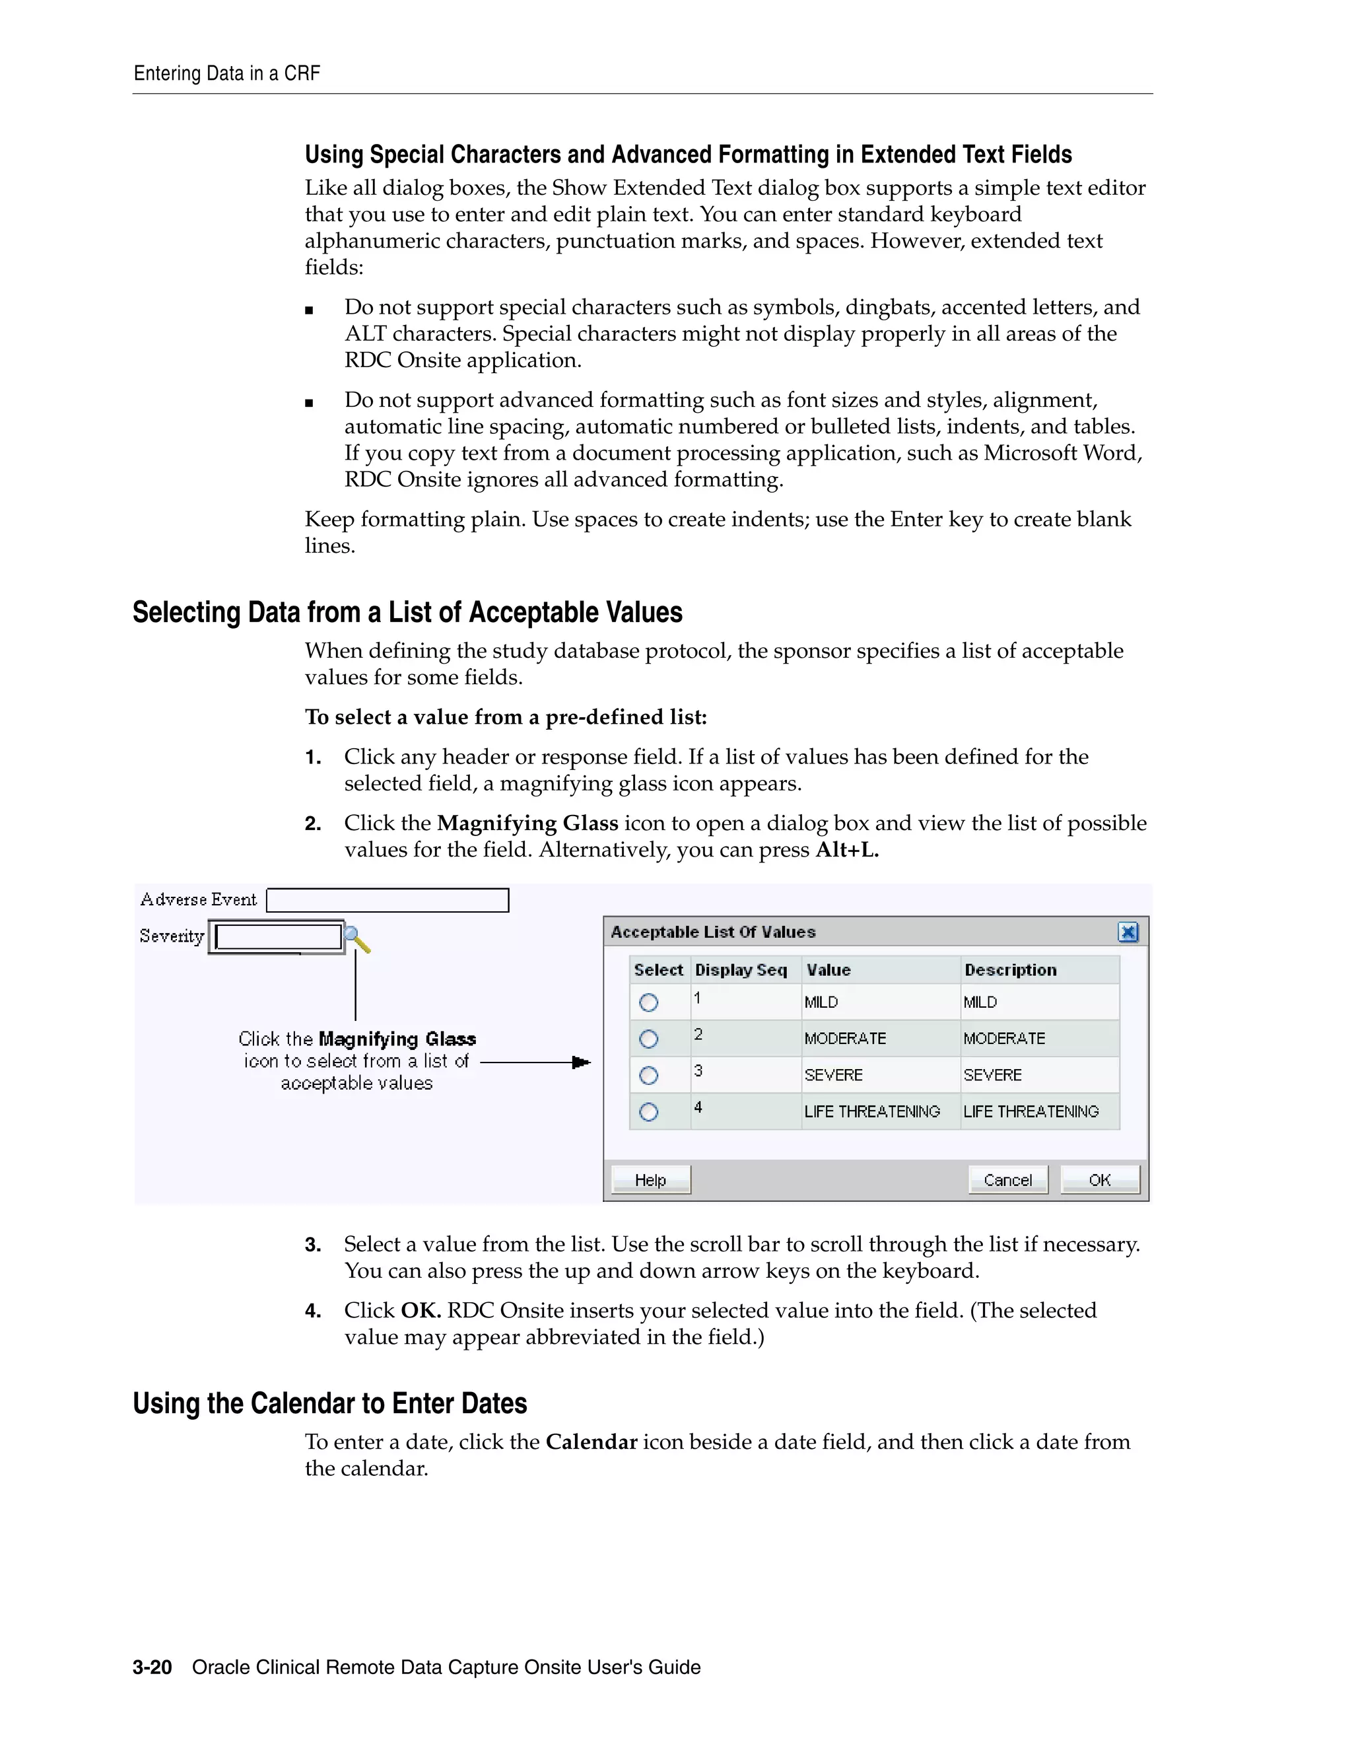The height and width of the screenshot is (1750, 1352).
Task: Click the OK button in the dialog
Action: coord(1099,1179)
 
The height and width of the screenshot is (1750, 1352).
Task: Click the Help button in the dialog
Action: coord(650,1179)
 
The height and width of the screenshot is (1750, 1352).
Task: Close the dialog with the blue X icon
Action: coord(1128,932)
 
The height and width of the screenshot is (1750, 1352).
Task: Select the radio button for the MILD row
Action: coord(649,1002)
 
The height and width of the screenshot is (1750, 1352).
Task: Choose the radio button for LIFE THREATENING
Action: coord(649,1111)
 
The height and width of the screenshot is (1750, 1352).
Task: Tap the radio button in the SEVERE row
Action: coord(649,1075)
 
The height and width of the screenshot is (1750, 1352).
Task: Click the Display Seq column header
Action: coord(741,969)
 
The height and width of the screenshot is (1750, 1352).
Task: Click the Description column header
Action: coord(1010,969)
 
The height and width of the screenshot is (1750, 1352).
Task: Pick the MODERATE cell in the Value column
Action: coord(845,1039)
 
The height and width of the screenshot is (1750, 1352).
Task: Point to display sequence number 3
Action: coord(698,1070)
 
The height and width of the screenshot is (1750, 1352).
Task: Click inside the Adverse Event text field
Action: coord(387,900)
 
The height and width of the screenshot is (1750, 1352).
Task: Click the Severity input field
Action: coord(278,936)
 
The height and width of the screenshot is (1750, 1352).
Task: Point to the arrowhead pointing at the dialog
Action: coord(582,1063)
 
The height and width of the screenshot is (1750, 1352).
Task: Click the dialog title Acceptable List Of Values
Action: coord(713,932)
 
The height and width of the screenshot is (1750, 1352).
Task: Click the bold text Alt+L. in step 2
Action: coord(846,849)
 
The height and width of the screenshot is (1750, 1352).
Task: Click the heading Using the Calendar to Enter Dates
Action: coord(329,1404)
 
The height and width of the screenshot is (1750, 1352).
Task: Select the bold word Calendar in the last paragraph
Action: coord(591,1442)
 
